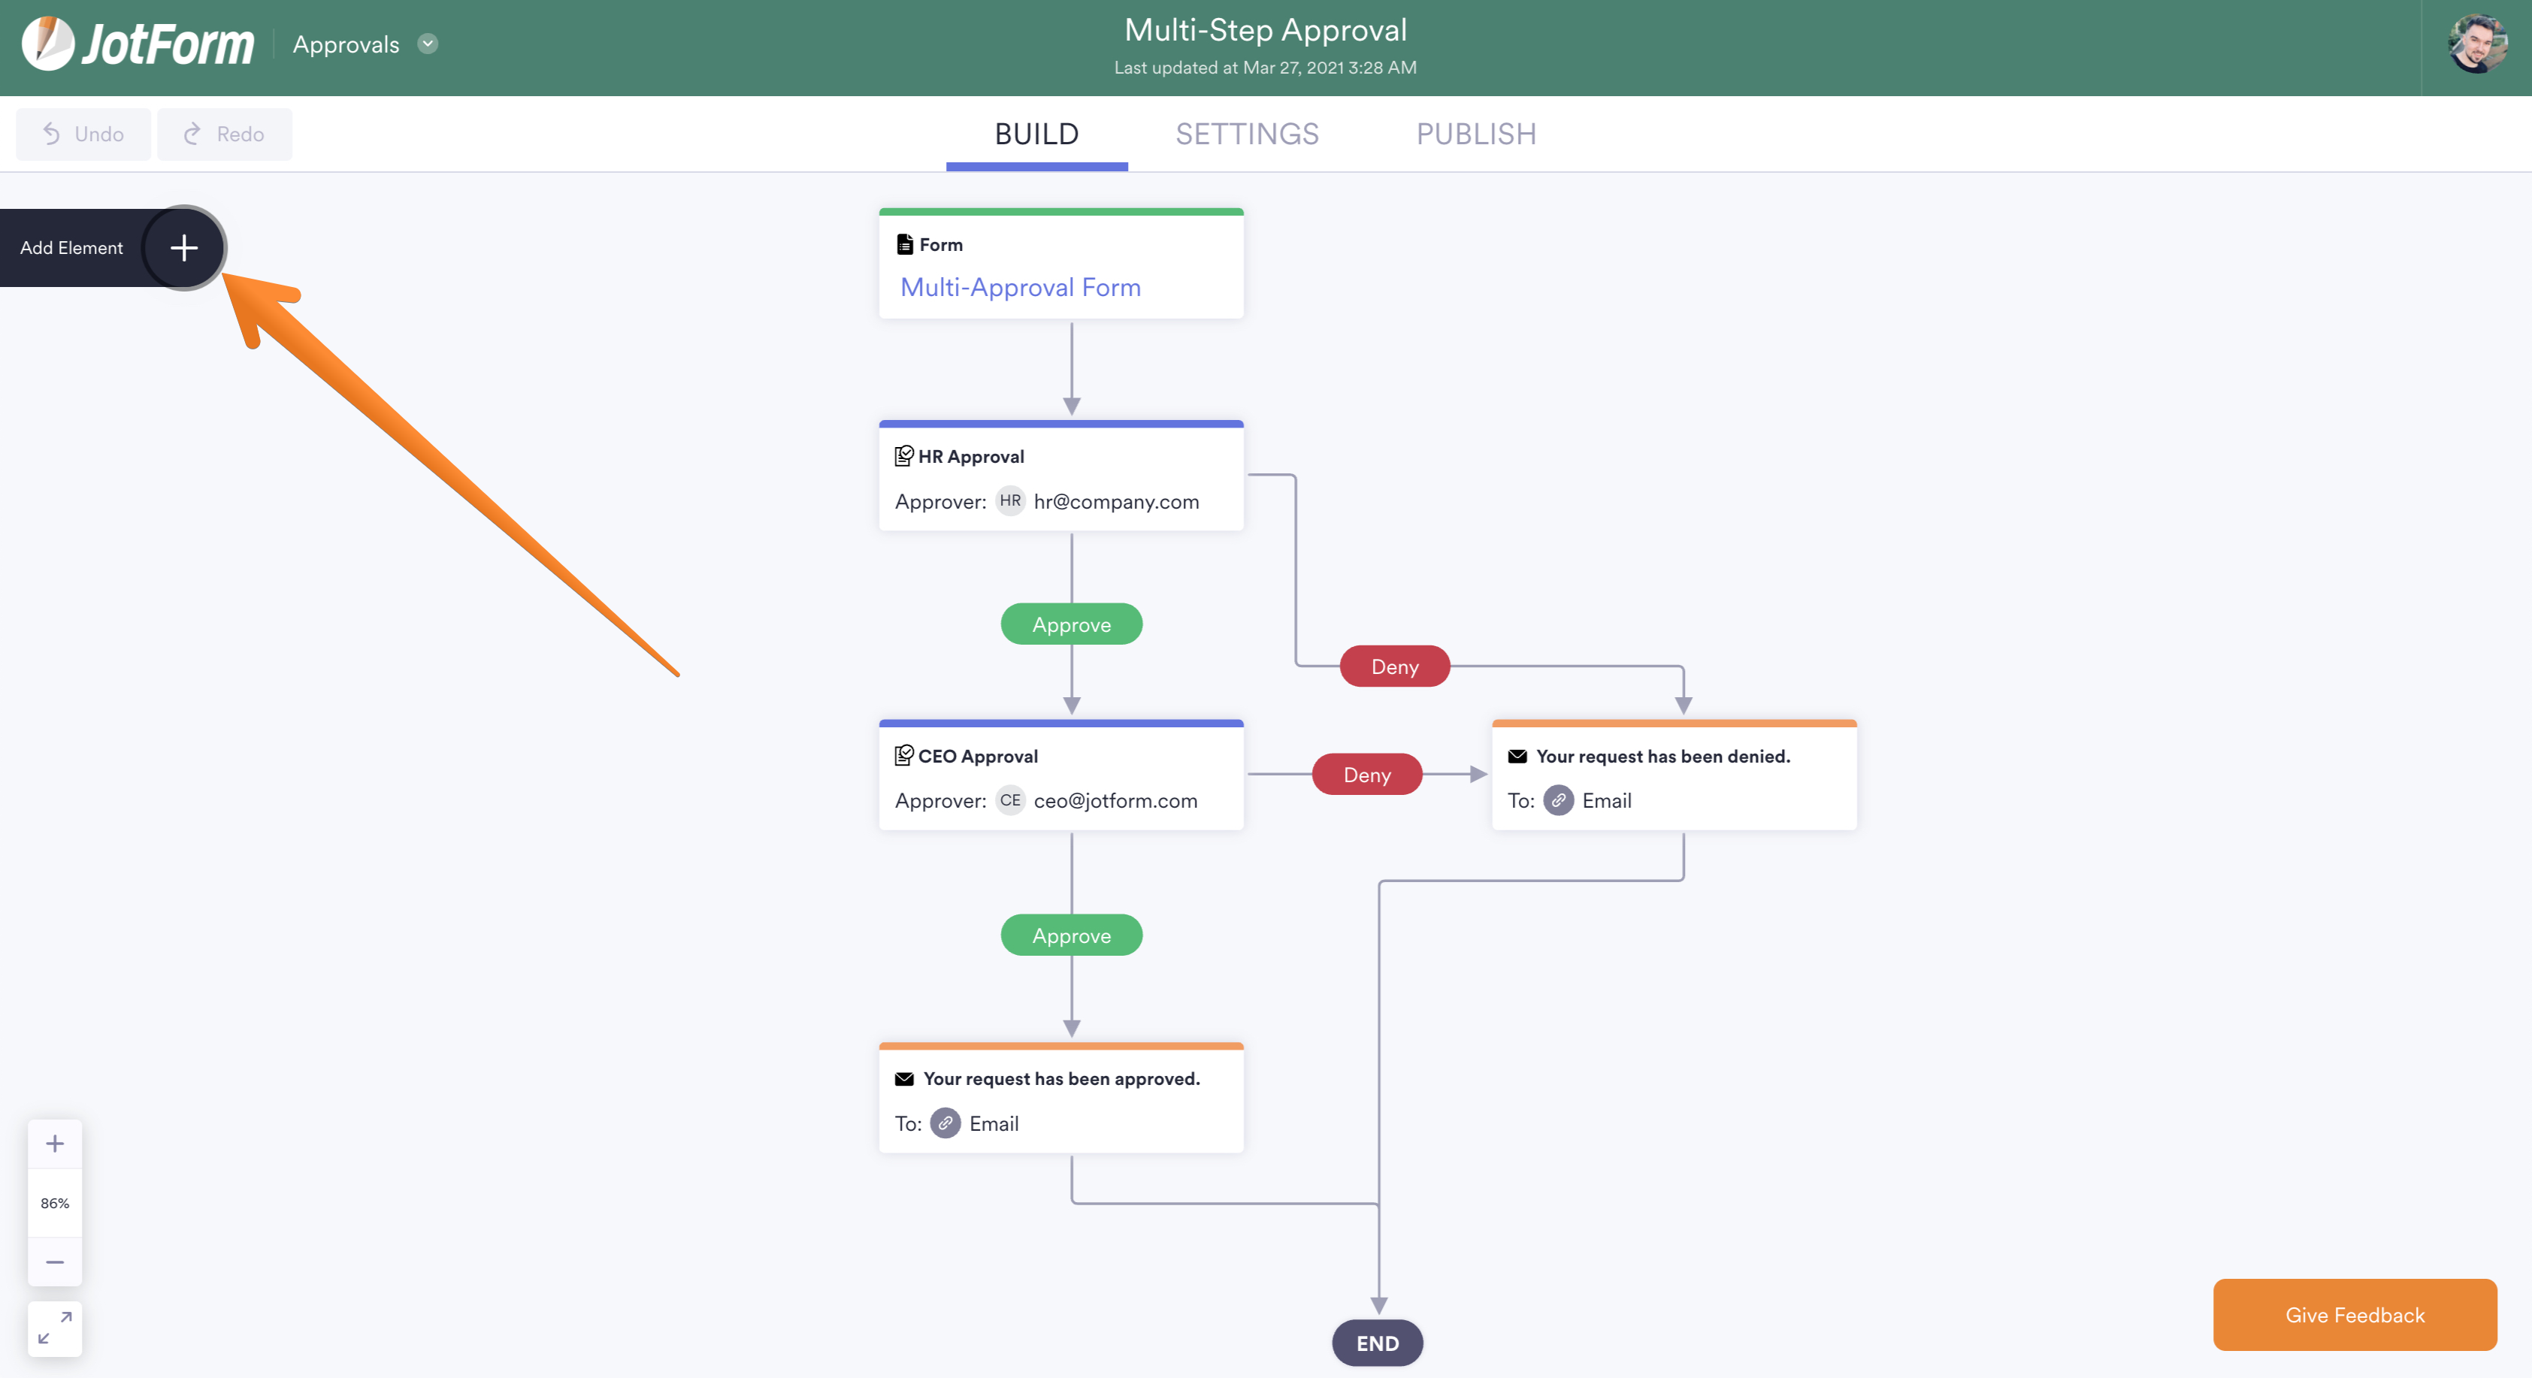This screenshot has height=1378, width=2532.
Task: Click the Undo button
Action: click(83, 134)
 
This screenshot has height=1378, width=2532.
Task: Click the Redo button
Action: click(224, 134)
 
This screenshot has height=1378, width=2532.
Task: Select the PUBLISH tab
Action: click(1476, 134)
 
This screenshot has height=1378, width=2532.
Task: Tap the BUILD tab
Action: click(1037, 134)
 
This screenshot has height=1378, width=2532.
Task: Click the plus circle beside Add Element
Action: click(184, 248)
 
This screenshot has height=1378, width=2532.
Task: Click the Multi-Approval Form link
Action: click(1021, 287)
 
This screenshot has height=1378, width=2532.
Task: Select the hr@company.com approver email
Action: click(1115, 501)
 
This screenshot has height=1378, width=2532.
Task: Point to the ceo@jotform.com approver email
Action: click(1115, 801)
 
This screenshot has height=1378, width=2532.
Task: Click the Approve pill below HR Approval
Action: click(1072, 624)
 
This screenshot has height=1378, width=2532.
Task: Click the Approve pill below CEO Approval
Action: click(1072, 935)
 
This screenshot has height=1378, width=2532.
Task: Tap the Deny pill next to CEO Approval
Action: click(1367, 775)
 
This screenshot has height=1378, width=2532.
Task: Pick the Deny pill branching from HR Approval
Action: click(1395, 666)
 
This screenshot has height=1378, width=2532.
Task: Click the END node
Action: click(1377, 1343)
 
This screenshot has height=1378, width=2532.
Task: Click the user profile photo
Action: click(2477, 44)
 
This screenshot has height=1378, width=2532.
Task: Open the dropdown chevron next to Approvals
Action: click(428, 44)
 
